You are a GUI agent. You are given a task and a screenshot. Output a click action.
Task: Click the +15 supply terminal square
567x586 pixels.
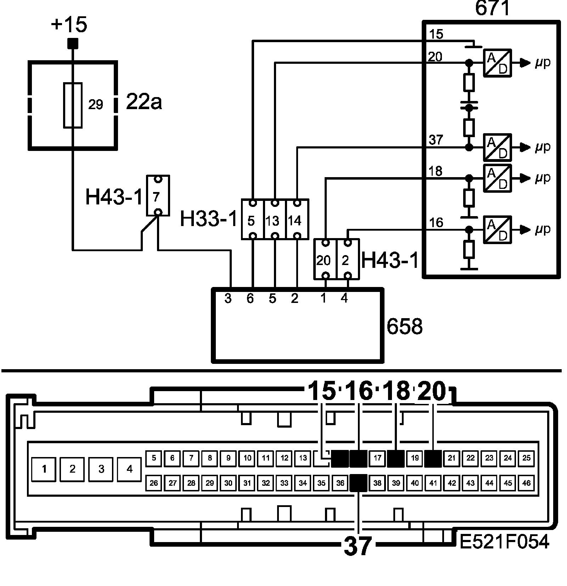[73, 44]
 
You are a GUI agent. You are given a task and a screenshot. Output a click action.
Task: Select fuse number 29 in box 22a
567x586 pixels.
[73, 105]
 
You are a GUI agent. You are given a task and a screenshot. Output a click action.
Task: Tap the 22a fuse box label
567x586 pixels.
[144, 103]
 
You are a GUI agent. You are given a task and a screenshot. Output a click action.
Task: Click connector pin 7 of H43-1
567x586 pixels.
[158, 196]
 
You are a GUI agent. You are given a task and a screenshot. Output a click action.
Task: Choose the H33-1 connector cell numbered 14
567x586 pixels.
[297, 220]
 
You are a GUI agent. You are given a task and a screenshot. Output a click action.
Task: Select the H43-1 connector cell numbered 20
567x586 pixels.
[325, 259]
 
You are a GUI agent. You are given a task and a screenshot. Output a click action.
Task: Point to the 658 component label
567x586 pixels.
[404, 327]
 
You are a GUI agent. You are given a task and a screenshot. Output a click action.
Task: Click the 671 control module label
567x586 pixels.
[492, 9]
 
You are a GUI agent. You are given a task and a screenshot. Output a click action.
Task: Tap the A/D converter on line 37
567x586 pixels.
[498, 147]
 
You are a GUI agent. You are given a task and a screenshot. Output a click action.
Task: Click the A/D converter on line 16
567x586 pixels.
[498, 230]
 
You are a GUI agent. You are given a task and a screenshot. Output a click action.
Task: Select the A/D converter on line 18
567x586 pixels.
[498, 178]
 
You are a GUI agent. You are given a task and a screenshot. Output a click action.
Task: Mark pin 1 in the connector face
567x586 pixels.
[44, 469]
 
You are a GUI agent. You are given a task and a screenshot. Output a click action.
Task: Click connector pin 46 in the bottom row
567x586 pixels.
[527, 483]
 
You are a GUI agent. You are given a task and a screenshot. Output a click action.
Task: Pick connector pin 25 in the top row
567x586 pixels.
[527, 458]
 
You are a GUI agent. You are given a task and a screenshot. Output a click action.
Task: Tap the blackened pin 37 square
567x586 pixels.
[358, 483]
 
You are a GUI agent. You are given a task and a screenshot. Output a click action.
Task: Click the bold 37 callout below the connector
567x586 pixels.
[358, 546]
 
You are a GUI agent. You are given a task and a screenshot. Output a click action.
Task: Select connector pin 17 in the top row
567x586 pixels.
[377, 458]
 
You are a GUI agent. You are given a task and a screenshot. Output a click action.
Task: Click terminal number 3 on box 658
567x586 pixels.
[228, 299]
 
